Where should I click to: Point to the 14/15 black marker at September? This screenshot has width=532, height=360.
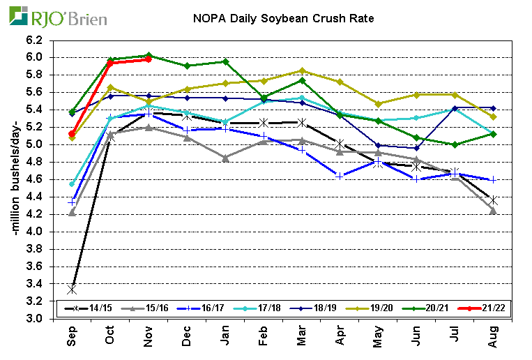pos(72,289)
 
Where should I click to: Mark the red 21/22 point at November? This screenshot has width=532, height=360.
pos(148,59)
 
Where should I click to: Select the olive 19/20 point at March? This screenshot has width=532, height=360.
pos(301,70)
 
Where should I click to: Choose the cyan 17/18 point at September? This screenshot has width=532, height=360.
pos(72,184)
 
